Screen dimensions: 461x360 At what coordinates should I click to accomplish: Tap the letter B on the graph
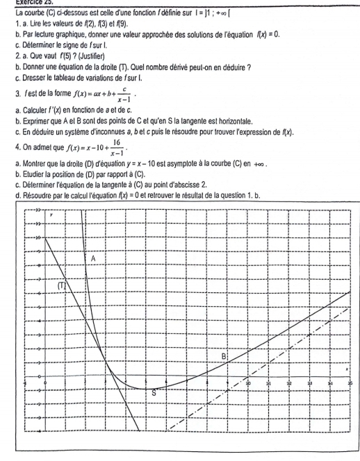pos(224,355)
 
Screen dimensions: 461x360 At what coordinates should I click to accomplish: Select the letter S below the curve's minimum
pos(154,392)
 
